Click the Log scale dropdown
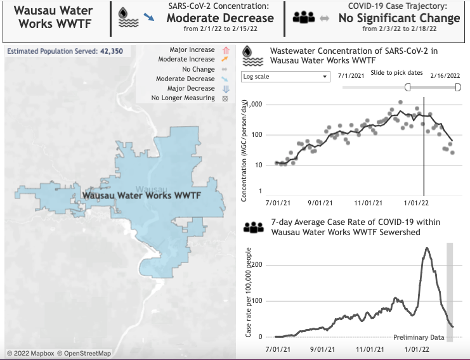point(286,76)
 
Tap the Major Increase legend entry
point(192,49)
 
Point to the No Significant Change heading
point(399,18)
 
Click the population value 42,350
point(112,51)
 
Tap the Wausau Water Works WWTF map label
point(141,196)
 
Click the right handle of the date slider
point(458,87)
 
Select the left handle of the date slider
point(407,87)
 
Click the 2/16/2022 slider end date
point(445,74)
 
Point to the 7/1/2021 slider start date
point(351,74)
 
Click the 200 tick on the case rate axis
point(257,265)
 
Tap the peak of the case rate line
point(427,248)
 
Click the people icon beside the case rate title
point(254,227)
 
